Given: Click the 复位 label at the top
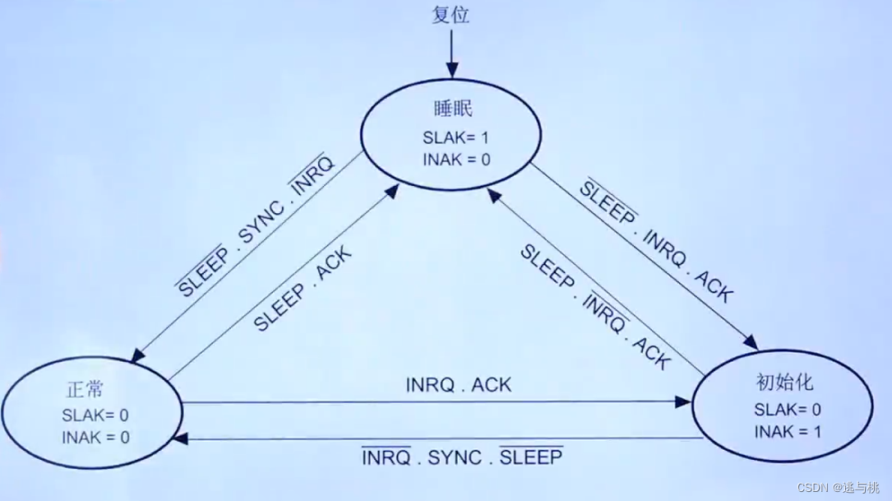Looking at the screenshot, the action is click(x=451, y=16).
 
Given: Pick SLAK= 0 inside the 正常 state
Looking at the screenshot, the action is click(x=95, y=415).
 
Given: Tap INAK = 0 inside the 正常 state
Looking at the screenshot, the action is click(x=95, y=437).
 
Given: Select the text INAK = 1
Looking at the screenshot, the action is click(x=788, y=431).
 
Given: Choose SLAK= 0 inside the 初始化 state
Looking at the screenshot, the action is click(x=788, y=409).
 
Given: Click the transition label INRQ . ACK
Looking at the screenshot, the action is click(x=458, y=384).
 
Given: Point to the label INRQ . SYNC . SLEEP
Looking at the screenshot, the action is click(x=462, y=457).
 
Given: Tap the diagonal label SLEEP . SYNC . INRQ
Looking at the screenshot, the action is click(x=257, y=224).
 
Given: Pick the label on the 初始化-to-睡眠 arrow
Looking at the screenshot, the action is click(x=594, y=307).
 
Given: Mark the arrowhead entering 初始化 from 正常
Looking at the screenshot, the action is click(x=684, y=401).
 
